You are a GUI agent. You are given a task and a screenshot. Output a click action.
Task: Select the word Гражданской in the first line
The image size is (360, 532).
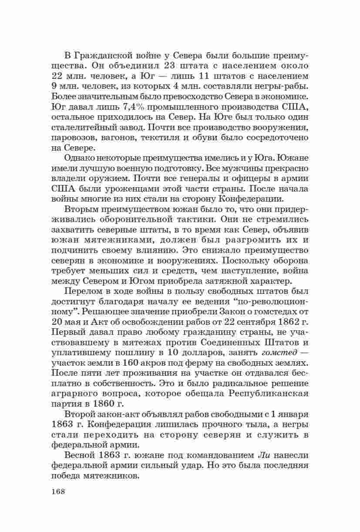coord(105,56)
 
